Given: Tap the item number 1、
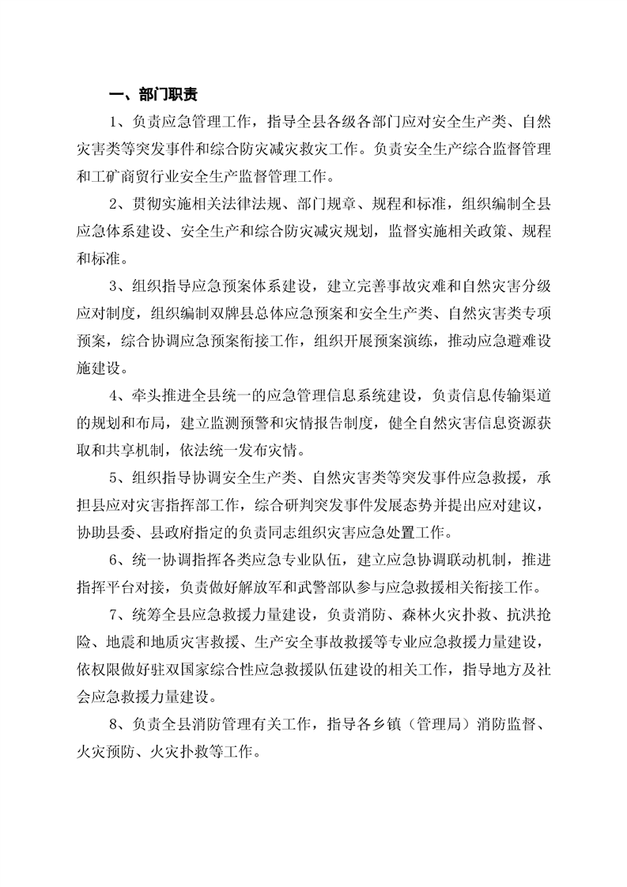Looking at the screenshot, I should click(x=119, y=122).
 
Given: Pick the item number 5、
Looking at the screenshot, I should click(x=119, y=477).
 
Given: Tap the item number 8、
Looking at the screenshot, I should click(x=119, y=724).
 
